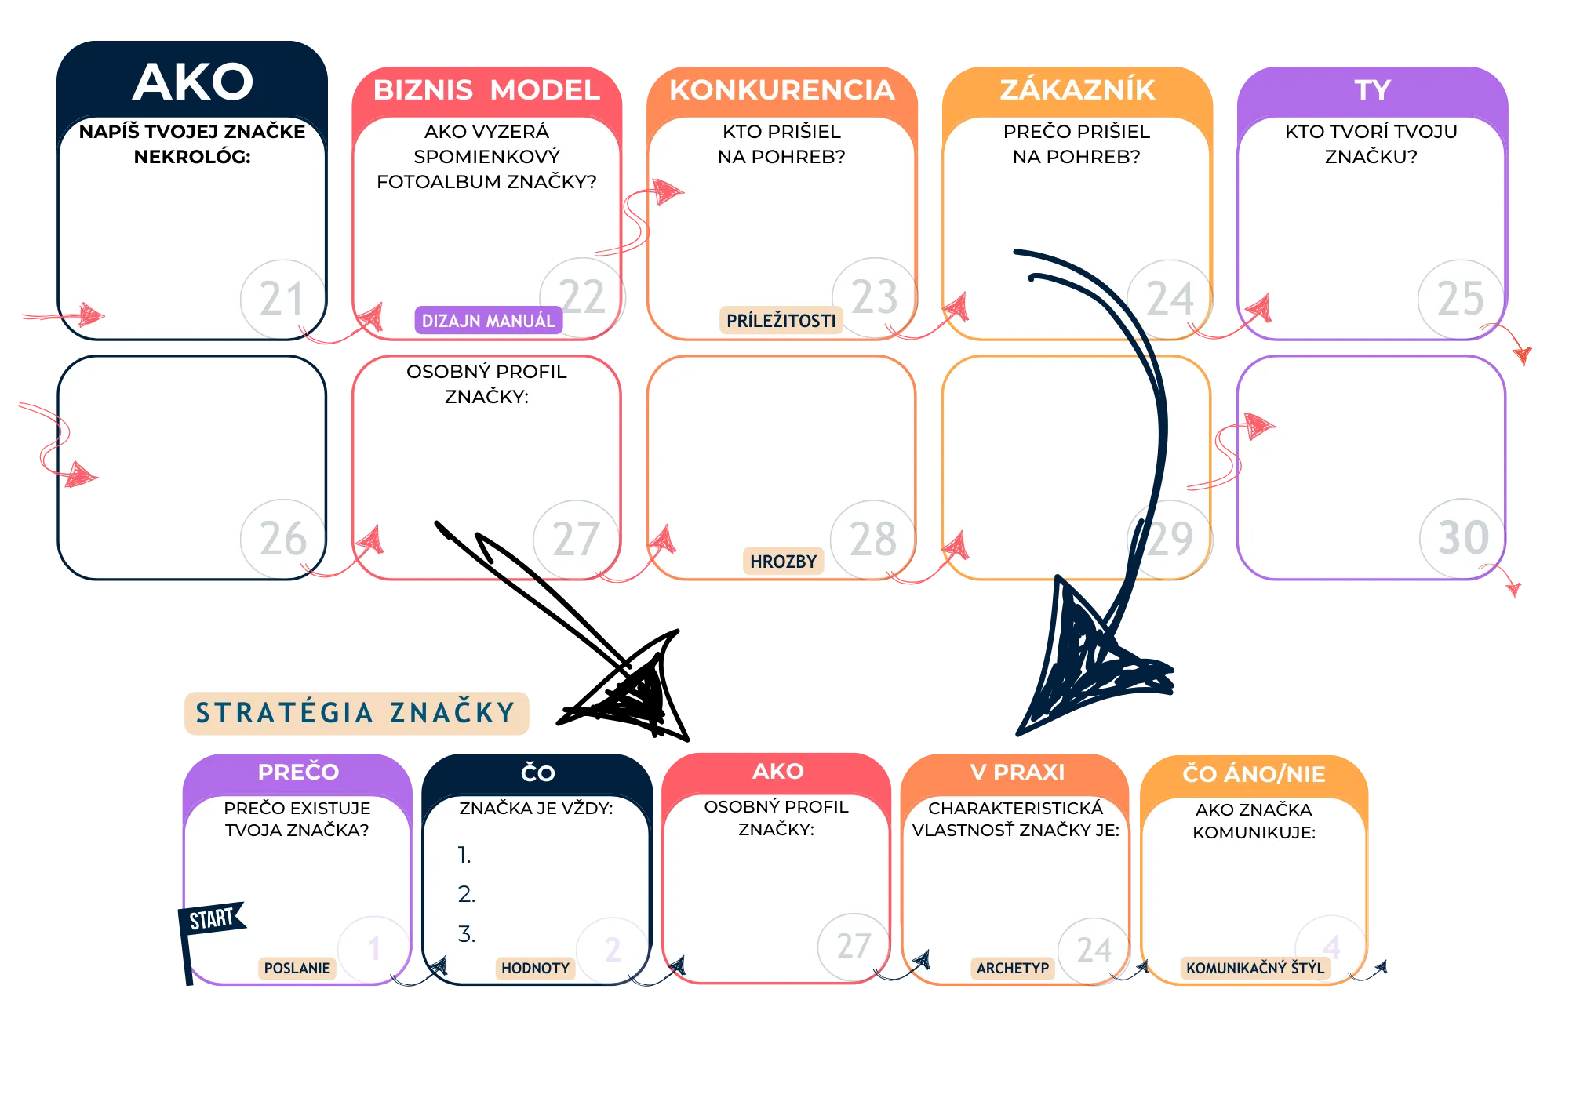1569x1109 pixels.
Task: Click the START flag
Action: click(212, 918)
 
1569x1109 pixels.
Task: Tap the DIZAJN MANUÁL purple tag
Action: click(488, 321)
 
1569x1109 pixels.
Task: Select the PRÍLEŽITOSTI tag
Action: click(781, 321)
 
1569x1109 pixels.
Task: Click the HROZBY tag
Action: click(783, 562)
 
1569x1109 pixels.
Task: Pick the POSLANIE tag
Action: click(297, 969)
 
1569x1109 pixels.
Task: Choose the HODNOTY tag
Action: click(535, 969)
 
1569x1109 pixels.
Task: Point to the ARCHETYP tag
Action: click(1012, 969)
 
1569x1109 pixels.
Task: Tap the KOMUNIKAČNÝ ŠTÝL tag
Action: click(1254, 969)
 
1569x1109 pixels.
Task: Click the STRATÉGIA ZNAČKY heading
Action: click(357, 713)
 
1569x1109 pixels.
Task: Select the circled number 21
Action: click(282, 299)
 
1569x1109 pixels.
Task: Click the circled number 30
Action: click(1462, 538)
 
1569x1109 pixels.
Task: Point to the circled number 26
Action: click(282, 539)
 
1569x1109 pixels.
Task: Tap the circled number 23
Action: click(875, 297)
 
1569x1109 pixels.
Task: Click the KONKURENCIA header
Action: click(781, 90)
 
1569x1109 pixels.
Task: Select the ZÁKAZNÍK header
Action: click(1077, 90)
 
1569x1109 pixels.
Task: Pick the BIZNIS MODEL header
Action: click(486, 90)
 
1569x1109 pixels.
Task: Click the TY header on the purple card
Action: click(1372, 90)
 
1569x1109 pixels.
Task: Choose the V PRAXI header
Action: click(1017, 773)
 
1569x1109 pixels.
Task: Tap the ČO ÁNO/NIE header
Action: click(1254, 774)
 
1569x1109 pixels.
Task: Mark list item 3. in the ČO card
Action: click(467, 934)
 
